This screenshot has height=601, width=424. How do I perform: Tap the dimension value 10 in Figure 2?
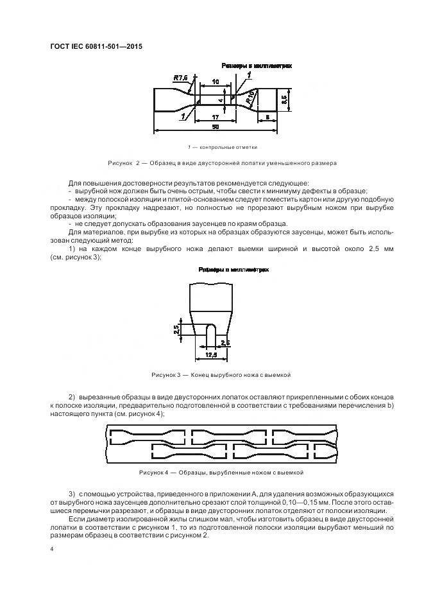click(216, 83)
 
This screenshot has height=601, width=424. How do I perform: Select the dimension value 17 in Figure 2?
click(216, 118)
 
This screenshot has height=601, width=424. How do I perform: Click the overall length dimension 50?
click(216, 128)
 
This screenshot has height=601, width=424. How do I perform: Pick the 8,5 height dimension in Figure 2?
click(285, 100)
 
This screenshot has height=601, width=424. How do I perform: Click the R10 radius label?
click(250, 97)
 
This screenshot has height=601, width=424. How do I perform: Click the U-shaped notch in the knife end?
click(210, 334)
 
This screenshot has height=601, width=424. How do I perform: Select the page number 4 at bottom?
click(51, 549)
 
